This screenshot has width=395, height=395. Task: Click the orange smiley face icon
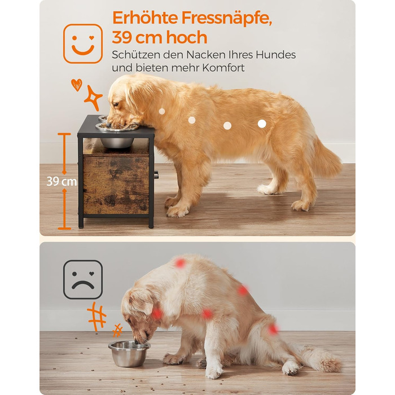click(x=83, y=43)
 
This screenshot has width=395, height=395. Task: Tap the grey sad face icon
click(x=83, y=280)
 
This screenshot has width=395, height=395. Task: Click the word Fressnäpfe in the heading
click(x=227, y=18)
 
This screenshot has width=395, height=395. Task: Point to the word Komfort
click(x=223, y=68)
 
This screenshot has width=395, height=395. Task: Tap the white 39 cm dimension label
click(x=62, y=181)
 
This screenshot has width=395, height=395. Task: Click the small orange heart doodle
click(x=77, y=85)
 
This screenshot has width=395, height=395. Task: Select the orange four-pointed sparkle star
click(x=93, y=98)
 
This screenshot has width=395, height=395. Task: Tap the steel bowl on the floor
click(x=129, y=353)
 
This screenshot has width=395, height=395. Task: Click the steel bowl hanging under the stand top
click(x=117, y=143)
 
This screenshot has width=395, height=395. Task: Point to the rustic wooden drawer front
click(x=116, y=185)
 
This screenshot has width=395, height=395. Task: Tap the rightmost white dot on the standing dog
click(x=262, y=124)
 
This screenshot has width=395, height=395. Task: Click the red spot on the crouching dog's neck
click(x=157, y=313)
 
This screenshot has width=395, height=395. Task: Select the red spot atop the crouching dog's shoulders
click(x=180, y=263)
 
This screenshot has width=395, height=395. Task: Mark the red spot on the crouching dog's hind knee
click(x=273, y=329)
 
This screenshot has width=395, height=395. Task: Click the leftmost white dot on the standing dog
click(x=162, y=111)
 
